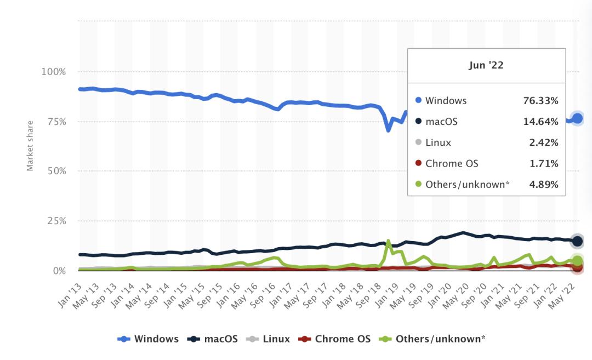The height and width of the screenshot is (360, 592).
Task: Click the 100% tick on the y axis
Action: pos(54,72)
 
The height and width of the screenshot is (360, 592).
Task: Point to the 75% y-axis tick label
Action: pos(55,122)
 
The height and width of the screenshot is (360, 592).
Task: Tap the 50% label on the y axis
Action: pos(55,171)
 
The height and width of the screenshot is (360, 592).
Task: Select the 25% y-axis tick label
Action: pos(55,221)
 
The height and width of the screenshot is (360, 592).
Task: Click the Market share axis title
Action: pos(30,146)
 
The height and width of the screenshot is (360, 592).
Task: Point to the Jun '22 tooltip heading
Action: pos(486,65)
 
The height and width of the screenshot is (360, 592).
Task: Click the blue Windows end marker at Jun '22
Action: pos(577,118)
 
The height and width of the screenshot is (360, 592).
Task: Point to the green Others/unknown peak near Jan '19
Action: pos(388,241)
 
